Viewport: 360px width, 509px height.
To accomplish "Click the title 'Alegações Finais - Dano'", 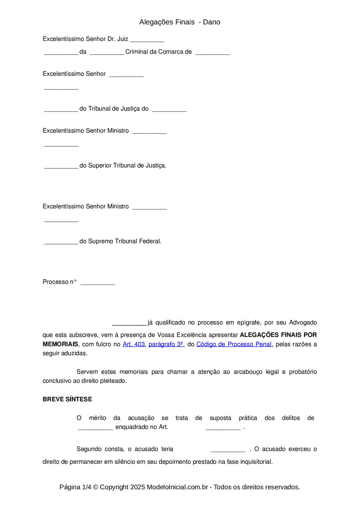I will [x=180, y=22].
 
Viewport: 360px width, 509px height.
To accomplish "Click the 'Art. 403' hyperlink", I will [x=134, y=344].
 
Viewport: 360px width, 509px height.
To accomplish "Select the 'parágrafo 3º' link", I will [x=166, y=344].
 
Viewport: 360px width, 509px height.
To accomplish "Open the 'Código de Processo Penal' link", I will [x=234, y=344].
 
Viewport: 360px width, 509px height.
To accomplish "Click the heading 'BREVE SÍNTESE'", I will [x=67, y=399].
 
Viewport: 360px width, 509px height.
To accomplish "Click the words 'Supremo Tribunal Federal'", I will [x=124, y=241].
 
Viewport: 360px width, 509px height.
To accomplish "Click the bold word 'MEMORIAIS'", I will [x=60, y=344].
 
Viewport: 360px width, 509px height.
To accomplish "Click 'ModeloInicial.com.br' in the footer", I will [x=177, y=487].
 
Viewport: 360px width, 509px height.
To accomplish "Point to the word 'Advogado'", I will [x=303, y=323].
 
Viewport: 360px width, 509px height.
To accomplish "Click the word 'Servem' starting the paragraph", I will [x=87, y=372].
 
